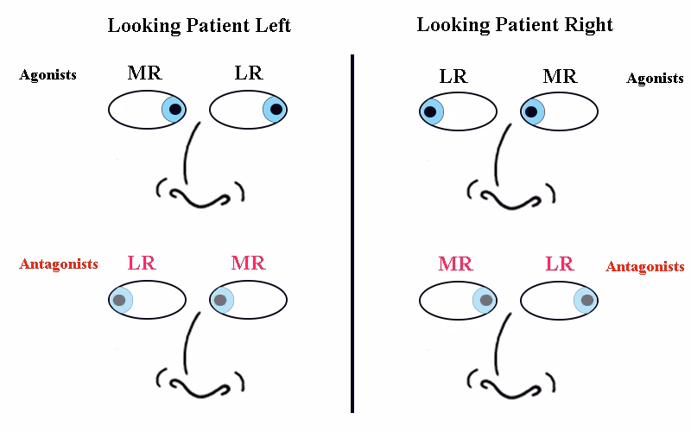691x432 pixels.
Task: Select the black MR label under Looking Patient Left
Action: [144, 73]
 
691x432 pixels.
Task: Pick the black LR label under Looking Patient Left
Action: [249, 73]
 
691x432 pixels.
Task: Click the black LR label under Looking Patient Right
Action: [453, 76]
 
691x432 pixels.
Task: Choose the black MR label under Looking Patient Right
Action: [560, 76]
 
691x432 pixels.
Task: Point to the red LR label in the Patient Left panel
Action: [142, 263]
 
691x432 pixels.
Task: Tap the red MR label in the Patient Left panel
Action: [248, 263]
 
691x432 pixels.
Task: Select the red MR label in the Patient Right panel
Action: [455, 264]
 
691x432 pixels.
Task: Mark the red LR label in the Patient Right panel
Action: [560, 264]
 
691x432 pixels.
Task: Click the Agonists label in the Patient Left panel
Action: [48, 75]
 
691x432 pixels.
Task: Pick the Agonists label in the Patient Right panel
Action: [655, 79]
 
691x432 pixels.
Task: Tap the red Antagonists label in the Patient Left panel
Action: [59, 264]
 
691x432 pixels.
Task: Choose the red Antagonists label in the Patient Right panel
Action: [644, 266]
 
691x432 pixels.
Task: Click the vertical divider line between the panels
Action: [352, 233]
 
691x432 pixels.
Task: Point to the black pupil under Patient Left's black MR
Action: [175, 110]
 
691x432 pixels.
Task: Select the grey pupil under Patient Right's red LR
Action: [587, 300]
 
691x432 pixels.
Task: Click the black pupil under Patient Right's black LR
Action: [430, 111]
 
